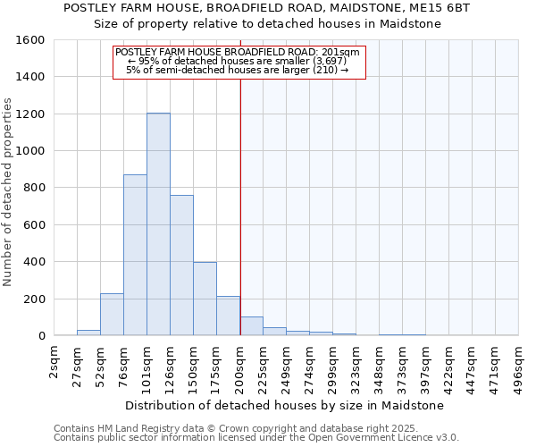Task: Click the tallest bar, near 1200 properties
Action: pyautogui.click(x=158, y=224)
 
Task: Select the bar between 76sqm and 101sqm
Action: pyautogui.click(x=135, y=255)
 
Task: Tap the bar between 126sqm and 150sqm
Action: pyautogui.click(x=181, y=266)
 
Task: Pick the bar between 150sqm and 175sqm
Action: pyautogui.click(x=205, y=299)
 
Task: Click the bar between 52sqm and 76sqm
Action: pyautogui.click(x=112, y=315)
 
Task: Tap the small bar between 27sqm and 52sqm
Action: pyautogui.click(x=88, y=333)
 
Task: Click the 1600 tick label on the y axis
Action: pyautogui.click(x=31, y=40)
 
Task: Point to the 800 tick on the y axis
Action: pyautogui.click(x=35, y=188)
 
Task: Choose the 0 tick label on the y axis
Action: pyautogui.click(x=41, y=336)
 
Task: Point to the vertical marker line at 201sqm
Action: pyautogui.click(x=240, y=206)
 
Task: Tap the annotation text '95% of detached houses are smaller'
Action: pyautogui.click(x=238, y=61)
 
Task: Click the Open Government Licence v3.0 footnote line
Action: pyautogui.click(x=256, y=438)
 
